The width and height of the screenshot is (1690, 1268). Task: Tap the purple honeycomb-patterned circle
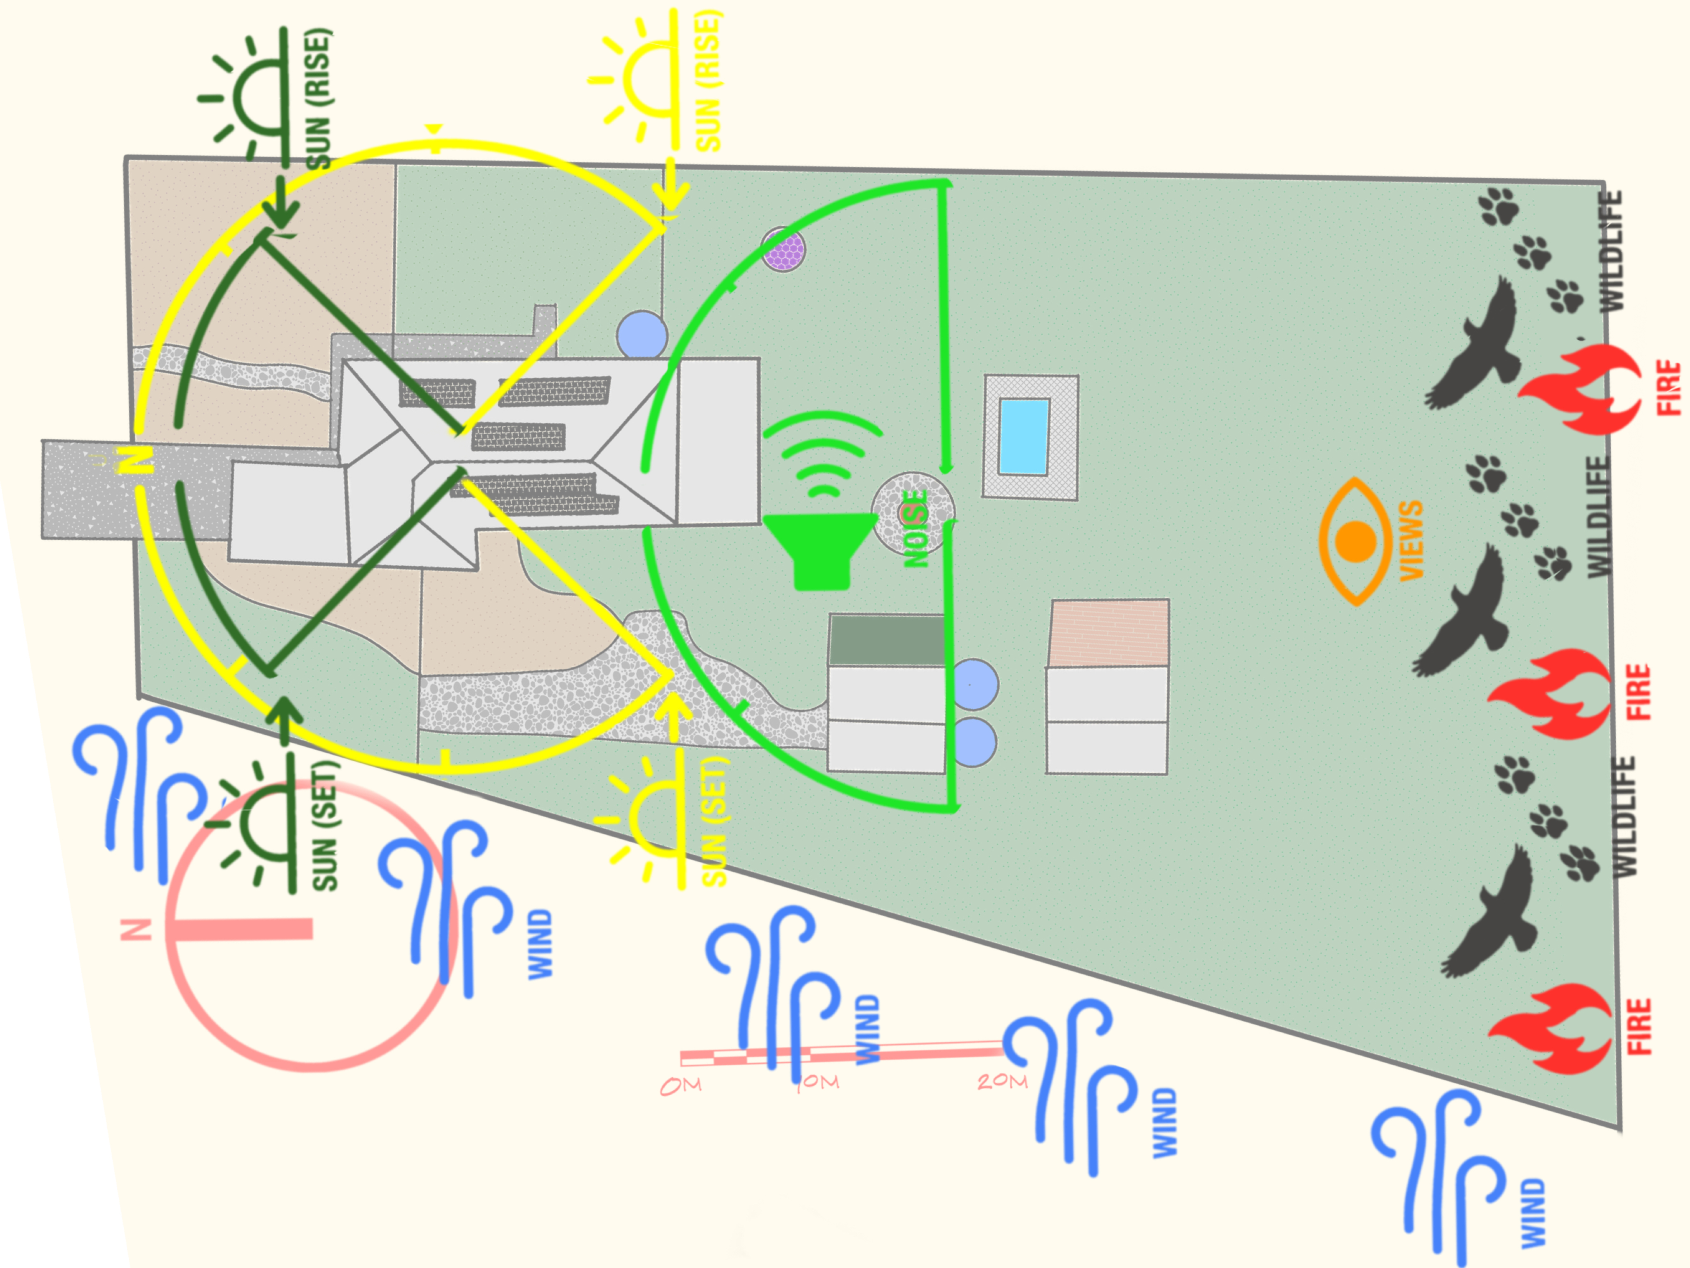point(783,248)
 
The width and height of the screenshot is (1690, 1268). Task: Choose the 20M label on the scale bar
point(1002,1081)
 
